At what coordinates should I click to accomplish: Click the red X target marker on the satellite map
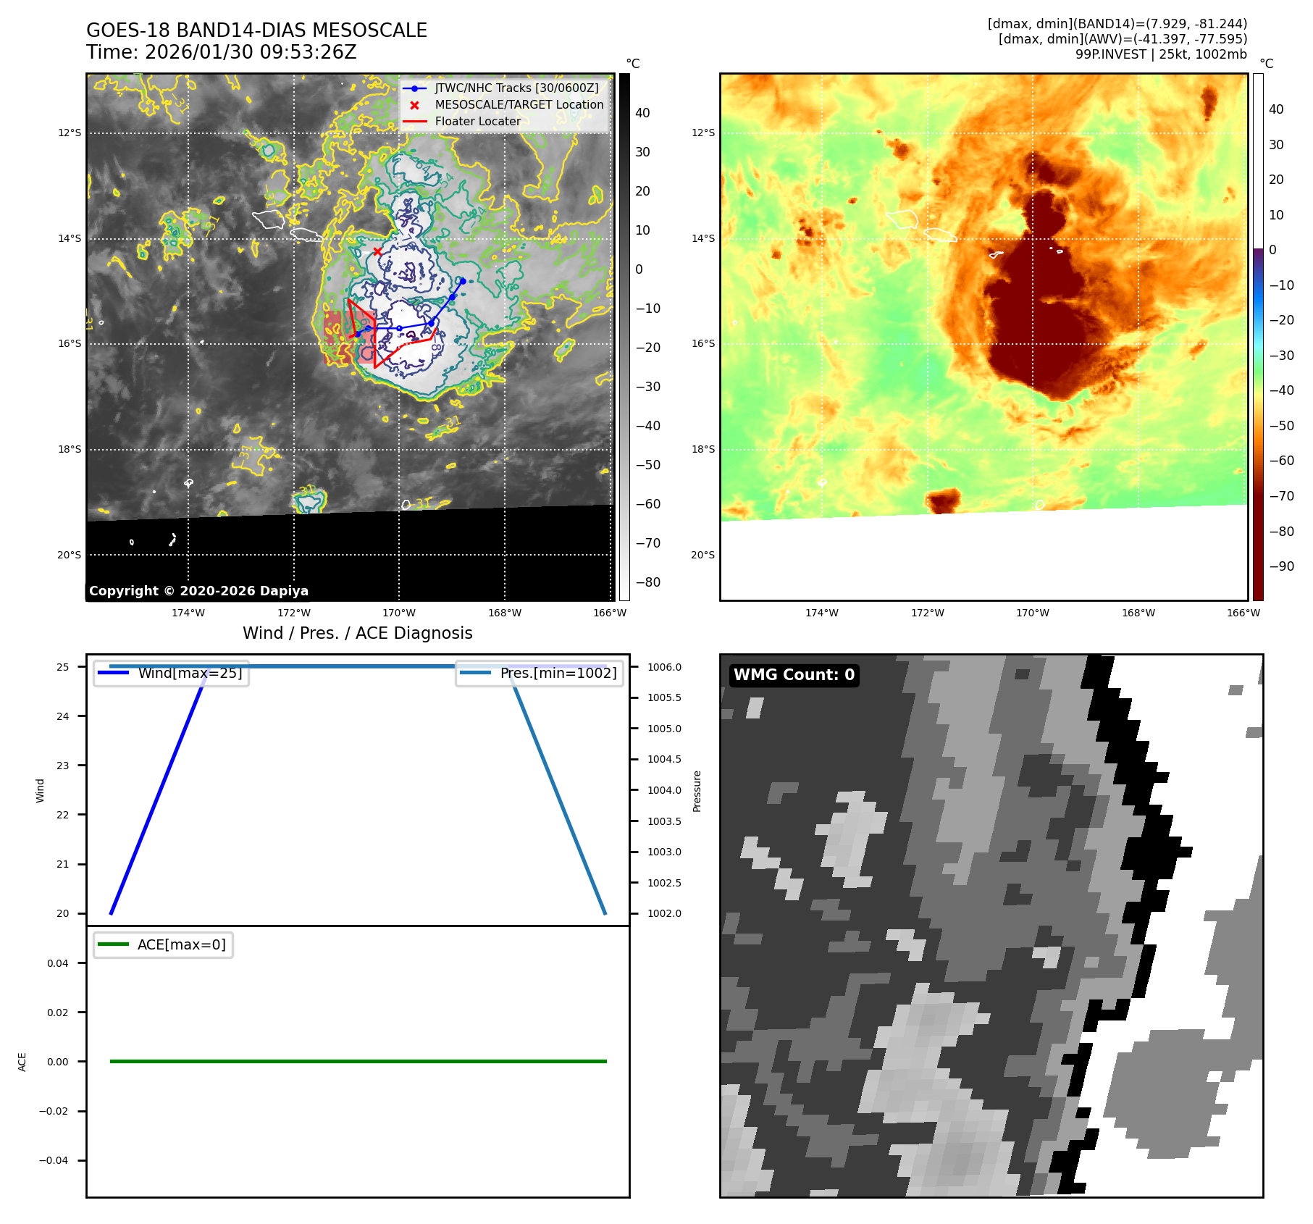(377, 251)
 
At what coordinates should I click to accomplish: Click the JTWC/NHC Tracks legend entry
(516, 88)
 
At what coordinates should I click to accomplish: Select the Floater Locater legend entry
(477, 122)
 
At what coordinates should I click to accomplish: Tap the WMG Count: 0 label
(794, 675)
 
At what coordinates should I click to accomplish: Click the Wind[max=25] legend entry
(190, 673)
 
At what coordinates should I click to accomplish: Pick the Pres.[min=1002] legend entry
(558, 673)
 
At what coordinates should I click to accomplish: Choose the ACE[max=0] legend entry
(181, 944)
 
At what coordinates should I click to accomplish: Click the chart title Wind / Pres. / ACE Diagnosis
(357, 633)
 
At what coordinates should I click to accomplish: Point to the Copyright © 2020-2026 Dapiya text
(198, 591)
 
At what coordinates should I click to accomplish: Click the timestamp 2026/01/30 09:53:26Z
(251, 52)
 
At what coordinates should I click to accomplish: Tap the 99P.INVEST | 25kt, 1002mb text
(1161, 54)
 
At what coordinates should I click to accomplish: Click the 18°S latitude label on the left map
(70, 449)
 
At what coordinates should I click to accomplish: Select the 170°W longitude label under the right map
(1032, 613)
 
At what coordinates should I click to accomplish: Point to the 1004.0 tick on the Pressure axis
(664, 790)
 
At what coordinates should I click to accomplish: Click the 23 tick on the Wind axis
(63, 766)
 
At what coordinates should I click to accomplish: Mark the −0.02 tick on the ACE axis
(54, 1111)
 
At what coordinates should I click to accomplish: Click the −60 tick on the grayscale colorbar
(647, 504)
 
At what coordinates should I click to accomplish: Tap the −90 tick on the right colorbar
(1281, 566)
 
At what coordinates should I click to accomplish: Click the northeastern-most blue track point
(461, 281)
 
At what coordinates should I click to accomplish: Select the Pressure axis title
(697, 791)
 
